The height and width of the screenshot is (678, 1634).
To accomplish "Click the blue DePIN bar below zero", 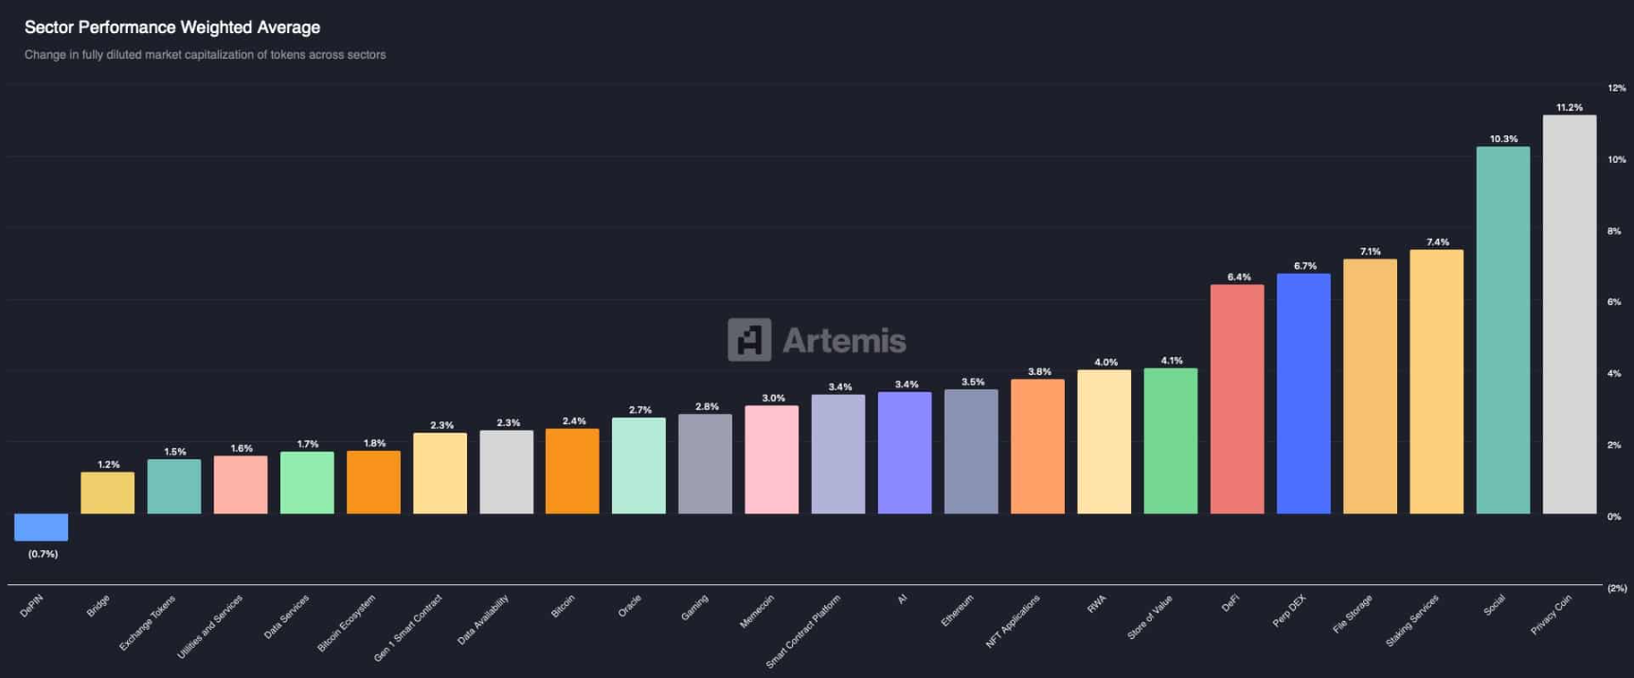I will [41, 527].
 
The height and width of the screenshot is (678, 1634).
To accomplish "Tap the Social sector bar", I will [1502, 330].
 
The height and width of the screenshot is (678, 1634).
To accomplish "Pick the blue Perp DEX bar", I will [1303, 394].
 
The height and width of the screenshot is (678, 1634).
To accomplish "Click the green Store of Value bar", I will [1171, 441].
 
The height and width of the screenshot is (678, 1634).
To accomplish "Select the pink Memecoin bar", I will [771, 460].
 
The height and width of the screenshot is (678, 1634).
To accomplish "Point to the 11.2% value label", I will [1570, 108].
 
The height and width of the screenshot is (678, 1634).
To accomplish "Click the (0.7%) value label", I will [43, 554].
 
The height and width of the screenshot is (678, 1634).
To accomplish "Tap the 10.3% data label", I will [1503, 139].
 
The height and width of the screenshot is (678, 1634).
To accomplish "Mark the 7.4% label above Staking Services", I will [1437, 242].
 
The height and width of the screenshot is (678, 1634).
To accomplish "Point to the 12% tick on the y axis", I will [1616, 88].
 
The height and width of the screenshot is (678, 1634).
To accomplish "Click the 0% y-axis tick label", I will [1614, 517].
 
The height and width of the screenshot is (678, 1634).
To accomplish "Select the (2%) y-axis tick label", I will [1616, 588].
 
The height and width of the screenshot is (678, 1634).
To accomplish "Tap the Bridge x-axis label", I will [99, 606].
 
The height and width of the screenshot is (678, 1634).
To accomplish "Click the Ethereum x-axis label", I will [958, 611].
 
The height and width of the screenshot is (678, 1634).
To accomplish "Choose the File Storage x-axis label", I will [1353, 615].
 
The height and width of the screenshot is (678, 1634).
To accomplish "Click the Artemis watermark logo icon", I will [749, 340].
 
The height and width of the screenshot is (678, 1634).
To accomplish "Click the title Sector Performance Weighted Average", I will [172, 27].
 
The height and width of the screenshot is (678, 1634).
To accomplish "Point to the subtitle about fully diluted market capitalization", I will [205, 55].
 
